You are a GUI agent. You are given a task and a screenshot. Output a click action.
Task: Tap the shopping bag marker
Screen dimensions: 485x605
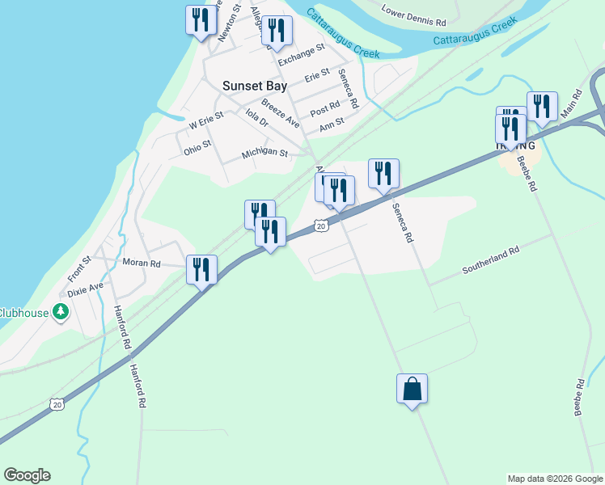pos(412,389)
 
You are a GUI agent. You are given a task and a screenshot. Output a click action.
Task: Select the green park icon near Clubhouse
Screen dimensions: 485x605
pos(60,311)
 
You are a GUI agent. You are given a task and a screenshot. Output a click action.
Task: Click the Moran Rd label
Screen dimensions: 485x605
pos(142,264)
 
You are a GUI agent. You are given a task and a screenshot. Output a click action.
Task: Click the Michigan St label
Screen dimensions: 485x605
pos(264,153)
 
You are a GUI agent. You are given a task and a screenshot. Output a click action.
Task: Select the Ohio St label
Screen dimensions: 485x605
pos(197,147)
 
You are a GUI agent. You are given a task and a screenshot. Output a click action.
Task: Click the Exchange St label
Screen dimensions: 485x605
pos(301,54)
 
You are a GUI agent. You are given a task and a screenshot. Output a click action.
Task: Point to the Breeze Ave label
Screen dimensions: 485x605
pos(280,114)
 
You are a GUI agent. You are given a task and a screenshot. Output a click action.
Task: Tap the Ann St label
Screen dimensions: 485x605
pos(332,124)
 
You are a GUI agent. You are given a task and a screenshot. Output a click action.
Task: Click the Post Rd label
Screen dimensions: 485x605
pos(324,108)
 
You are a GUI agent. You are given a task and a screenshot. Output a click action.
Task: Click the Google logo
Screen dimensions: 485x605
pos(27,475)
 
